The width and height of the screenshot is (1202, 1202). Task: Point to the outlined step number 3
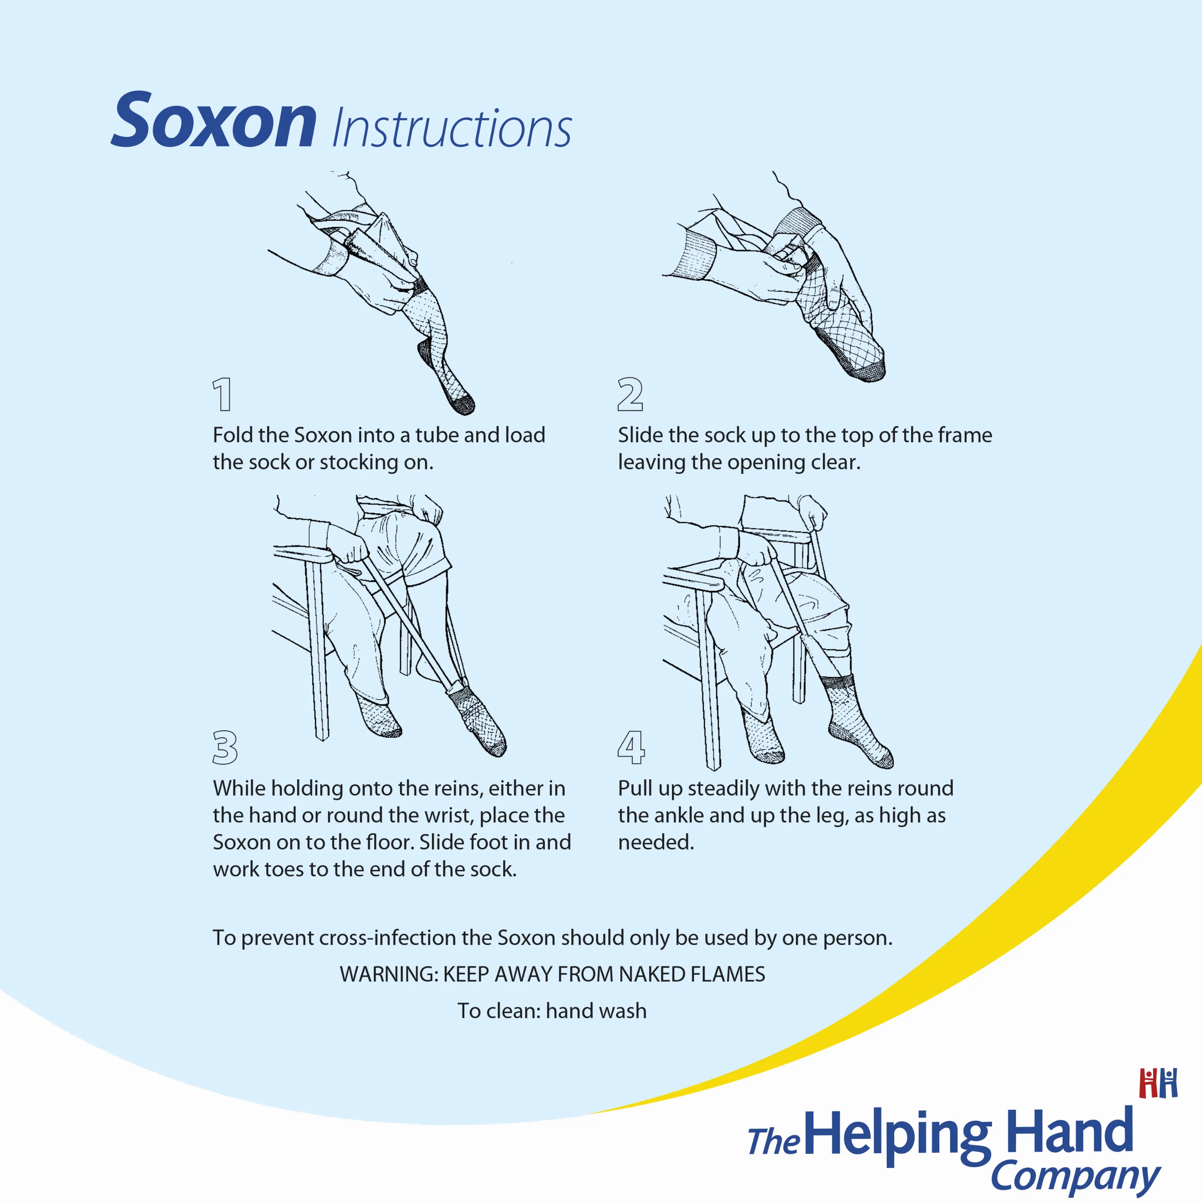click(x=225, y=747)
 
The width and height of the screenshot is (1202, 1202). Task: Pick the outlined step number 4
click(x=631, y=747)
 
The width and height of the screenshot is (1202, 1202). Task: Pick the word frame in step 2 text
click(x=965, y=435)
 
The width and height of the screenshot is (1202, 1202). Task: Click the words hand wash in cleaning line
click(x=596, y=1011)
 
